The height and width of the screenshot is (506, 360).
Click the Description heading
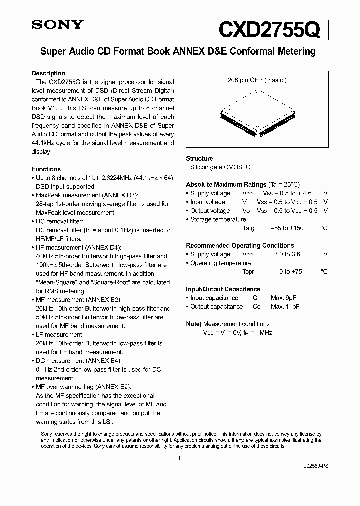[48, 73]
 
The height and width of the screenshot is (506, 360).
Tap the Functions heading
[46, 169]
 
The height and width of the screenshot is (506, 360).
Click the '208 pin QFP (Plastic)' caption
[257, 80]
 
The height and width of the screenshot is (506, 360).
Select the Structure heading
[199, 158]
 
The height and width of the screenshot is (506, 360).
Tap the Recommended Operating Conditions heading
[240, 245]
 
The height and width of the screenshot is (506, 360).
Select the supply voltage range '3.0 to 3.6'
[287, 254]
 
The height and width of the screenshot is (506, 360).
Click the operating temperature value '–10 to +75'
[286, 272]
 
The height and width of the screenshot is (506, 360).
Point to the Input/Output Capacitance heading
[223, 289]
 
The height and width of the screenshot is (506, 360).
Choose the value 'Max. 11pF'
[285, 307]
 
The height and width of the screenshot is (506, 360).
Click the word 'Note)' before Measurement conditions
[194, 324]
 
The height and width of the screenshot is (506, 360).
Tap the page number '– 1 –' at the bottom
[179, 458]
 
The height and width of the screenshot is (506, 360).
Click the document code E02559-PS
[315, 465]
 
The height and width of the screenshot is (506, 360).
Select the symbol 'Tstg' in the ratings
[248, 228]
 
